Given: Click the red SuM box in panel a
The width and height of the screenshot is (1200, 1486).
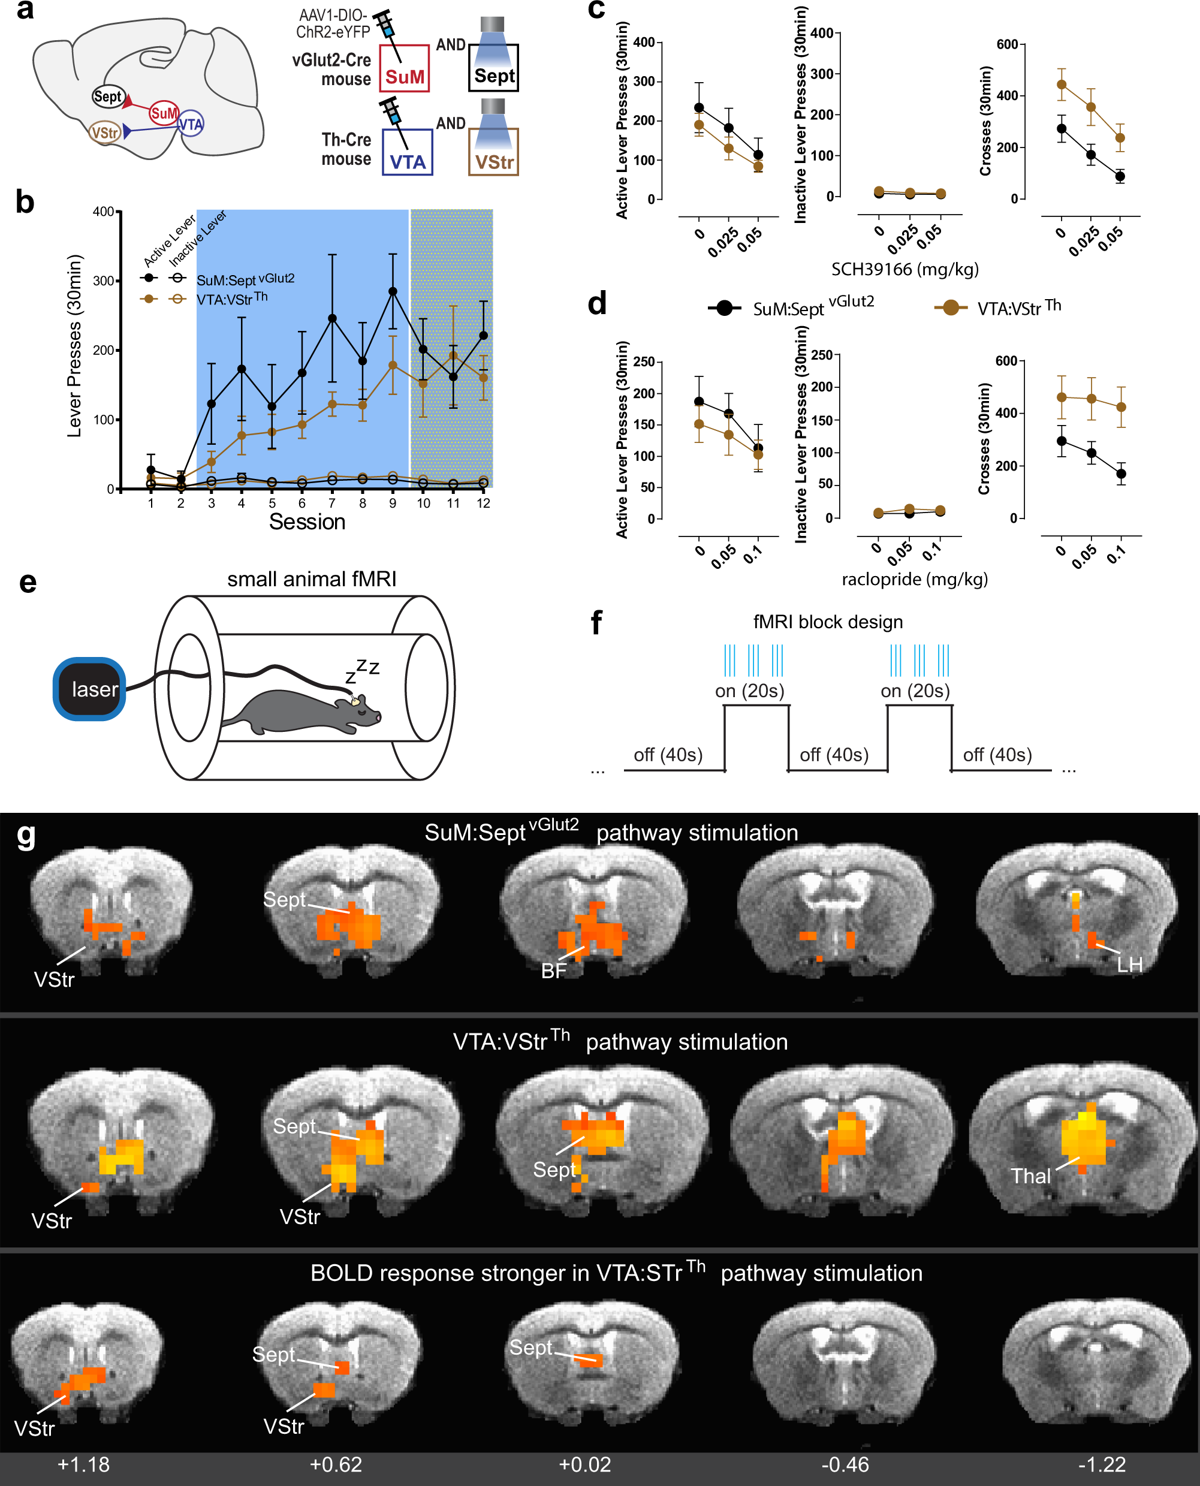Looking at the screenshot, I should pos(405,69).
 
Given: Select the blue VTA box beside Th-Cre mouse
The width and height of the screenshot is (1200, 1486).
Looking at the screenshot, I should pos(407,153).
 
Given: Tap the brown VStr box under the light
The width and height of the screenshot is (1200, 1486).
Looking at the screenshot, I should pos(493,153).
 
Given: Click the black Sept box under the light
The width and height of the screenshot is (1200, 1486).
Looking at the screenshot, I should pos(493,69).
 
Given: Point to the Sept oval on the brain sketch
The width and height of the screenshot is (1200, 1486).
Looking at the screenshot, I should pos(107,97).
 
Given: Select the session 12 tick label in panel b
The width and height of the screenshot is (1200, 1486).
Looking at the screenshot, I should pos(483,503).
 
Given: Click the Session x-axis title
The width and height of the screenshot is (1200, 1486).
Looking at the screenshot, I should pos(307,522).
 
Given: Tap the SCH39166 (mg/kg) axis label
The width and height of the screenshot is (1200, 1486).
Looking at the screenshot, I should pos(905,269).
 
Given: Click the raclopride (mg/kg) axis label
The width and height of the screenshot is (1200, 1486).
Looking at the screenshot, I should pos(914,578).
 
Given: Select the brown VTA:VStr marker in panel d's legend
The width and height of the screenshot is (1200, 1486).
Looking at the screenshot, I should pos(951,308).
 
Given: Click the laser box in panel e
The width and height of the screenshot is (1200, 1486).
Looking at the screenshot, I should pos(90,689).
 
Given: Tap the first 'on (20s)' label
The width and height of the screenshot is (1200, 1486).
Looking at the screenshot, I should pos(749,691).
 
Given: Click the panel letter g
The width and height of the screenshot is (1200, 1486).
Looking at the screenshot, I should pos(26,836).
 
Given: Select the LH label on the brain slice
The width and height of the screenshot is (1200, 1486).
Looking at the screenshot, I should pos(1129,965).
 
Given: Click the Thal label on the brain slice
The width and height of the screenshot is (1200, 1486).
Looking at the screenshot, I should pos(1030,1175).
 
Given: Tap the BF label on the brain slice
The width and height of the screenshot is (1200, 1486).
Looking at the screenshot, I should pos(553,971).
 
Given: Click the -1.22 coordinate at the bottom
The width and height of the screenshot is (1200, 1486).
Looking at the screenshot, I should pos(1102,1464).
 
